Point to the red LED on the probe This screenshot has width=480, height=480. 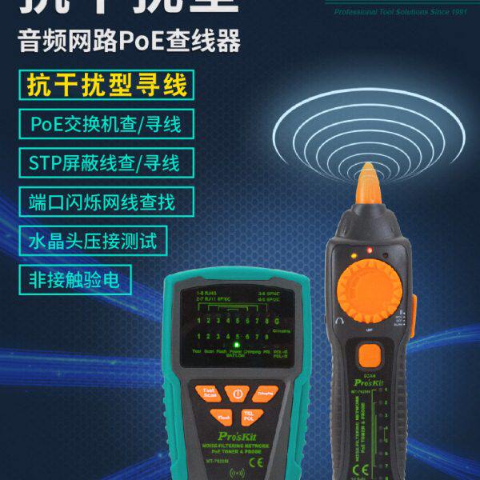[369, 250]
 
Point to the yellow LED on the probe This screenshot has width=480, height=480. [352, 256]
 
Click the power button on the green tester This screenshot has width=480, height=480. [237, 394]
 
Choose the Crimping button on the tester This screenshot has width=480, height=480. [266, 392]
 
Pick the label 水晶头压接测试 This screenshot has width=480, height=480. [94, 238]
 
